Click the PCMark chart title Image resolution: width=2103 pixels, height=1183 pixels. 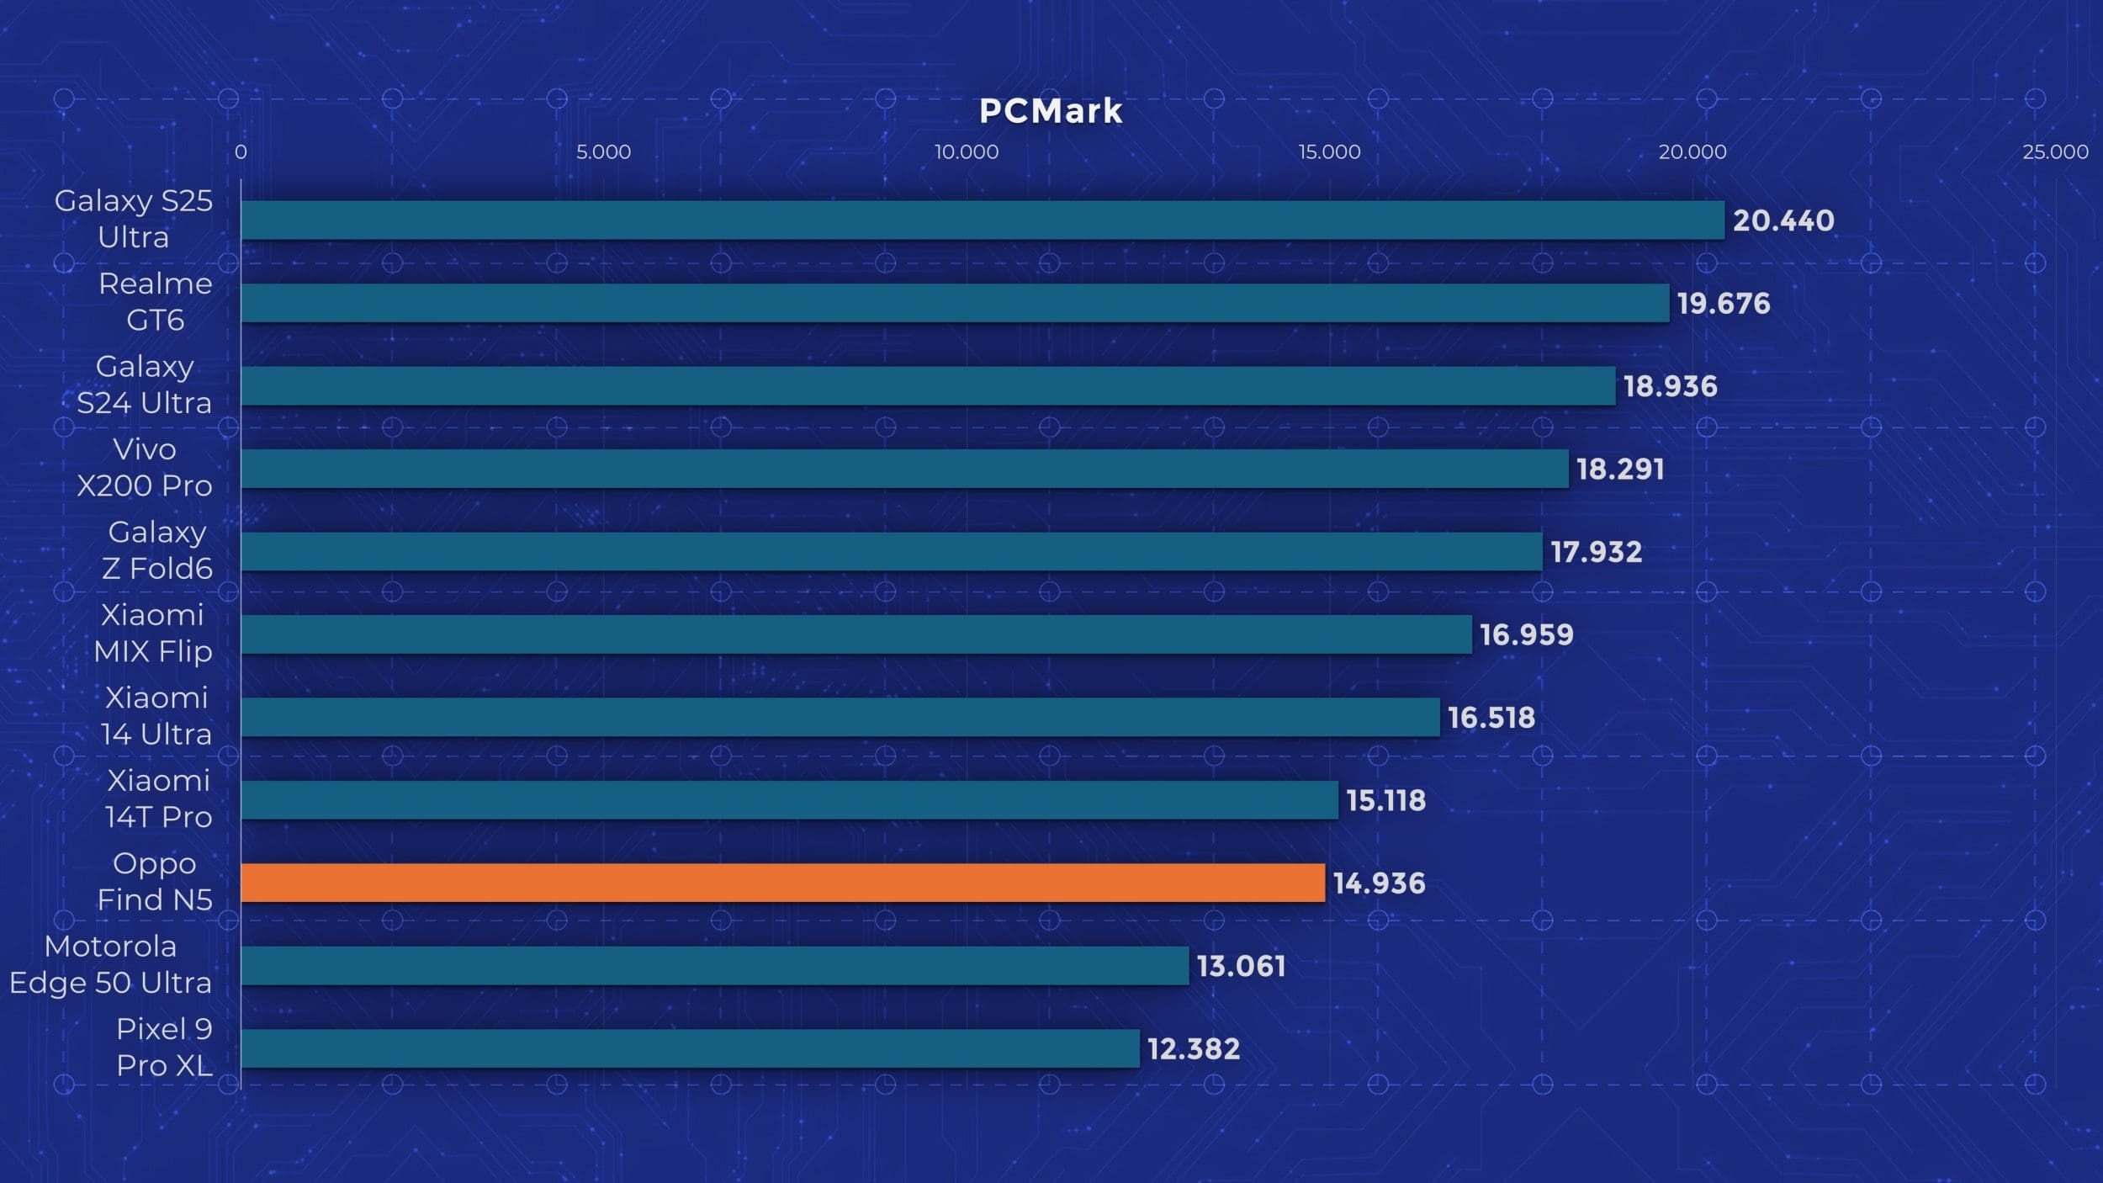click(x=1051, y=111)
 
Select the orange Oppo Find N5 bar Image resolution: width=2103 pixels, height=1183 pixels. click(x=782, y=883)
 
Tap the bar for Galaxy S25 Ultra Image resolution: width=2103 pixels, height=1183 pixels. click(x=982, y=220)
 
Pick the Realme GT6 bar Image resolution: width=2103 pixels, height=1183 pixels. click(x=955, y=303)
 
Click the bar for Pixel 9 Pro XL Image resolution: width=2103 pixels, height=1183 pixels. click(x=690, y=1048)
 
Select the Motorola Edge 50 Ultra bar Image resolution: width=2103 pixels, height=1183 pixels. click(x=714, y=965)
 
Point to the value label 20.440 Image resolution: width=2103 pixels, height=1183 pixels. click(x=1783, y=220)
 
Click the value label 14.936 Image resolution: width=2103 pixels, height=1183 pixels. click(x=1379, y=883)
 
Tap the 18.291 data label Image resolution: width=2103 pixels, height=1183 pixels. click(x=1620, y=469)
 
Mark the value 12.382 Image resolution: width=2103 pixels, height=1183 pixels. click(x=1194, y=1049)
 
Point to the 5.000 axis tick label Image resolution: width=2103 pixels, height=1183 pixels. click(x=603, y=152)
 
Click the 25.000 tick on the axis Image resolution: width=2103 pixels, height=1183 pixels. click(x=2055, y=152)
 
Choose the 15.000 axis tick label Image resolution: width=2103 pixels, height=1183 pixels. click(x=1329, y=152)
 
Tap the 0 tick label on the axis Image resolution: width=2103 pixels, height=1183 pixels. click(x=241, y=152)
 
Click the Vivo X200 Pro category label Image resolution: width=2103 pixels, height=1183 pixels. click(x=144, y=467)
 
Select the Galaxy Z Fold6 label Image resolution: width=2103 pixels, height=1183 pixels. click(x=157, y=550)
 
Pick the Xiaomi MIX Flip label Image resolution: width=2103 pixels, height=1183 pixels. click(x=152, y=633)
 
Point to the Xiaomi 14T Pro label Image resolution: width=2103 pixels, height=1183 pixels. click(x=158, y=798)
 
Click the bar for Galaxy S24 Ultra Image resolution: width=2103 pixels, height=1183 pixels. click(x=928, y=385)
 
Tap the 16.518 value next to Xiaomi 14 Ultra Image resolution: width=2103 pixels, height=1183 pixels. click(x=1491, y=718)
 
